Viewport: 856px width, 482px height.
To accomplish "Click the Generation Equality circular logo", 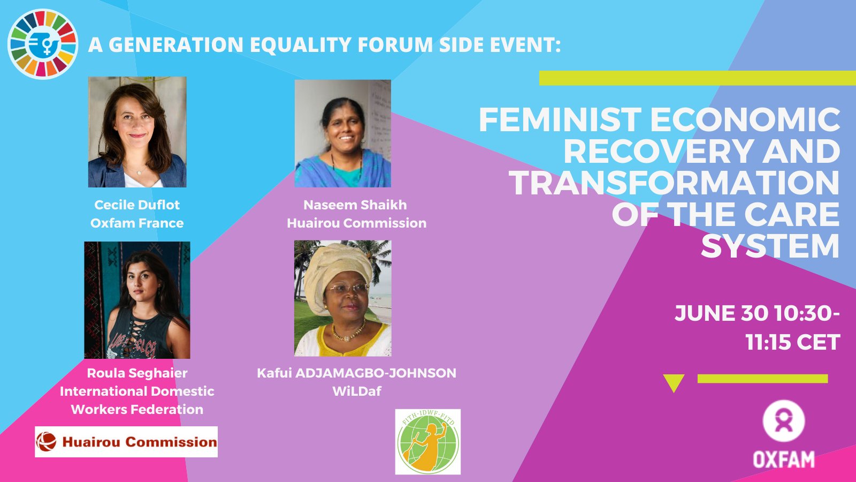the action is click(x=43, y=44).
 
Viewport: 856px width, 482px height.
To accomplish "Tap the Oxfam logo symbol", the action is click(x=784, y=421).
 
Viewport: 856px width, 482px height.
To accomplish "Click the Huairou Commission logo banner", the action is click(x=126, y=442).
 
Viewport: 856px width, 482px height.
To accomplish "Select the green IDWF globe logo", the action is click(x=427, y=442).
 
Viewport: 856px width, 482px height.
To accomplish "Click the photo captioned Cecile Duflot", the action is click(x=137, y=132).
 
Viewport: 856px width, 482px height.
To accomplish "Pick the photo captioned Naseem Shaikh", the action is click(x=343, y=133).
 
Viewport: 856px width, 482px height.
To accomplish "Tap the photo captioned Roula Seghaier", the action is click(x=137, y=300).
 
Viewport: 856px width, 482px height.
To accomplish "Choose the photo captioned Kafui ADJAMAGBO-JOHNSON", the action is click(x=343, y=298).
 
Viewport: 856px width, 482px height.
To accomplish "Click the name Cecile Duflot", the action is click(x=137, y=205).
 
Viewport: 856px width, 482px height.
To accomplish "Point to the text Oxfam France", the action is click(x=137, y=223).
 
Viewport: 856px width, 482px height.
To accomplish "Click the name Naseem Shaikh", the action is click(x=355, y=205).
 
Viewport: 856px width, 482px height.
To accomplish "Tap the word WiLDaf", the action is click(x=357, y=391).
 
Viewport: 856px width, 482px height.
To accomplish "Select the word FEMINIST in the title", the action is click(x=560, y=119).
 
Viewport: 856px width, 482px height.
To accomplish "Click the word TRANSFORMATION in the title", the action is click(x=675, y=183).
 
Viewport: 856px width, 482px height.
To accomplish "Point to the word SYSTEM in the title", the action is click(x=770, y=247).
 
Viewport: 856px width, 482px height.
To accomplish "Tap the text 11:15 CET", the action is click(x=792, y=342).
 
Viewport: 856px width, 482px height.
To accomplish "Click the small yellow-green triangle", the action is click(x=674, y=381).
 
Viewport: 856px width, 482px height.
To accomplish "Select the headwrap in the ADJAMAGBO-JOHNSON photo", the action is click(x=337, y=272).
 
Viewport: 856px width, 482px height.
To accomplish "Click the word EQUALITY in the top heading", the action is click(x=301, y=45).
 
